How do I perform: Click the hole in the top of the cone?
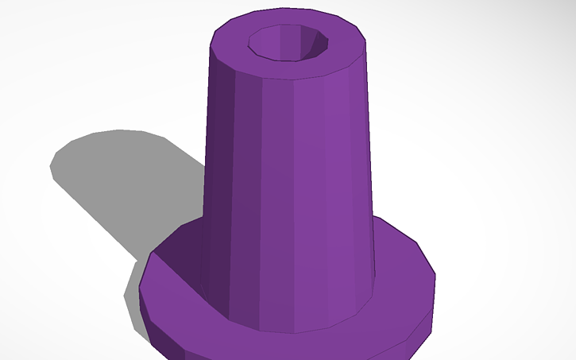[288, 43]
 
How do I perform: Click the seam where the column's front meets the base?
[294, 331]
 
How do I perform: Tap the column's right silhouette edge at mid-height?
[369, 159]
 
